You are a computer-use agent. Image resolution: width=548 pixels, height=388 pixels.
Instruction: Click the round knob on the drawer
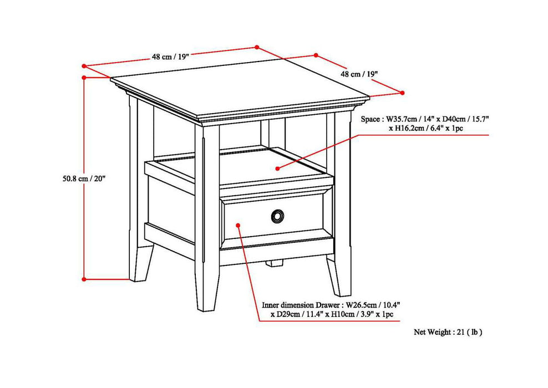tap(276, 216)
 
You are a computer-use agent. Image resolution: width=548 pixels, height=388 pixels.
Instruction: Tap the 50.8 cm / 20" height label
tap(83, 178)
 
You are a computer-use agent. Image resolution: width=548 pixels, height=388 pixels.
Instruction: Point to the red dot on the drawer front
tap(238, 225)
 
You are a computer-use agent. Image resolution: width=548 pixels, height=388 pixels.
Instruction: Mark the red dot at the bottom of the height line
tap(83, 279)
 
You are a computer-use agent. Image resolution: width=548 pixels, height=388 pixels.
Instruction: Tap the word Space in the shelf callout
tap(371, 119)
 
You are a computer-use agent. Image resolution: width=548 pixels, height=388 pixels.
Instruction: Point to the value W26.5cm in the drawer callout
tap(361, 305)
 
